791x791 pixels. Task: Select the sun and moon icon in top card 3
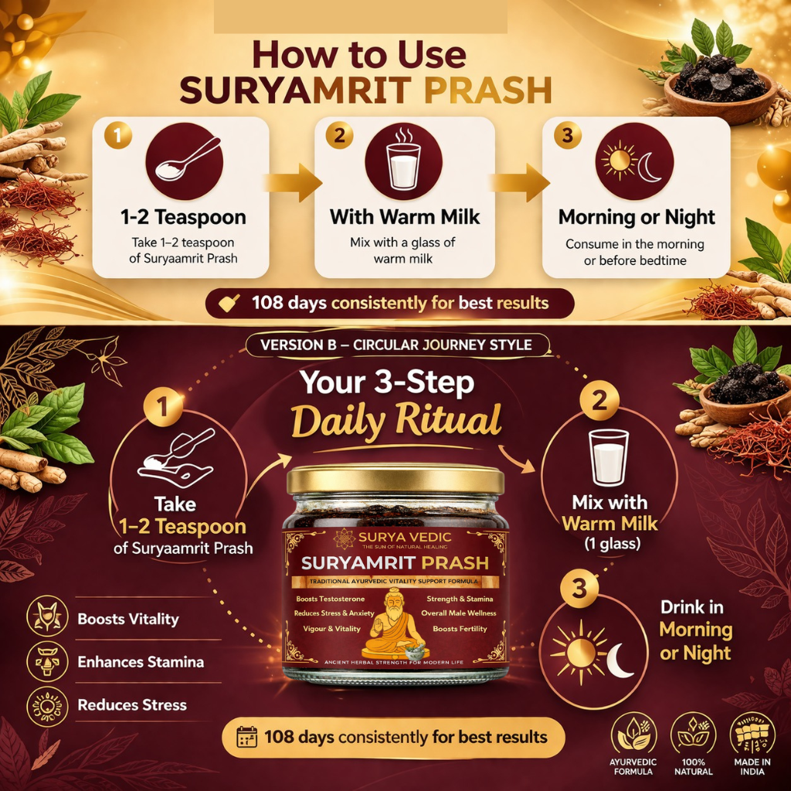tap(635, 161)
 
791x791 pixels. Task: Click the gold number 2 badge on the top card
tap(339, 135)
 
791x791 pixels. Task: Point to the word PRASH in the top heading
tap(487, 91)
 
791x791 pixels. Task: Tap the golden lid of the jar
tap(395, 479)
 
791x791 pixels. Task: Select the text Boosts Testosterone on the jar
tap(330, 599)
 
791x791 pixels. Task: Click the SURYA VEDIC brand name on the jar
tap(405, 538)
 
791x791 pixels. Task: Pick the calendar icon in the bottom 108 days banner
tap(246, 737)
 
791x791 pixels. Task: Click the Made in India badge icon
tap(752, 734)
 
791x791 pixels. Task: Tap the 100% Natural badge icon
tap(693, 734)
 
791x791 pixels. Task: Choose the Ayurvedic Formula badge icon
tap(633, 734)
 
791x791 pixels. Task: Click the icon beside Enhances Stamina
tap(47, 662)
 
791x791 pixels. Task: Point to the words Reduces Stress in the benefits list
tap(132, 704)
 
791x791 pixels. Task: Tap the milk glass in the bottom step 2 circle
tap(609, 457)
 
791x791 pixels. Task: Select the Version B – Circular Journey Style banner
tap(396, 345)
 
